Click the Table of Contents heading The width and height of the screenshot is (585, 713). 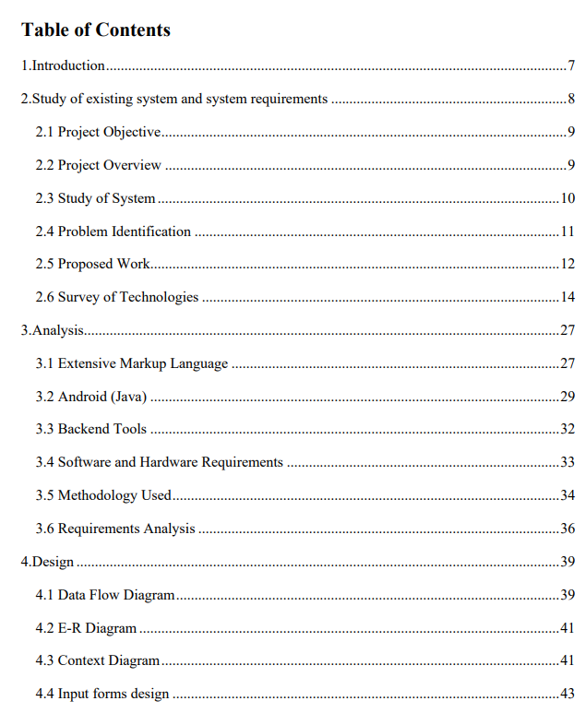click(95, 30)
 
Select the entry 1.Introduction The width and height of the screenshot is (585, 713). click(63, 66)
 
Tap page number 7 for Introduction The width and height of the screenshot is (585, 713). click(572, 66)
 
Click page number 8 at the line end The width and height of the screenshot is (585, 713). click(572, 100)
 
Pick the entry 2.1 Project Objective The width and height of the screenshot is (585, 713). click(99, 133)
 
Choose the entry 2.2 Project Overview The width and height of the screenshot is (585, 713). click(99, 166)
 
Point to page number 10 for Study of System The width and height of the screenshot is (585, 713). click(568, 199)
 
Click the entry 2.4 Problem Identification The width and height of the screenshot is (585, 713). click(113, 232)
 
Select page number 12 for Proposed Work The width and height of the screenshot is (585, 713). click(568, 265)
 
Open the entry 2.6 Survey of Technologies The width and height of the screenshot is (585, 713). click(117, 297)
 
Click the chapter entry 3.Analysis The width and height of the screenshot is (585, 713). click(53, 330)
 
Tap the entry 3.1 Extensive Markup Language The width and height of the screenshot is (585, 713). click(132, 363)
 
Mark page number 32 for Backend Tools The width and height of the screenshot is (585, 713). click(568, 430)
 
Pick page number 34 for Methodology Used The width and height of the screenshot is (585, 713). click(568, 495)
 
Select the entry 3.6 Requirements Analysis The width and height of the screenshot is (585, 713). click(115, 529)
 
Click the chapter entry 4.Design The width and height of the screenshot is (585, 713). click(48, 562)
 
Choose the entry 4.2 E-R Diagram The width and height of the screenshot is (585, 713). click(86, 628)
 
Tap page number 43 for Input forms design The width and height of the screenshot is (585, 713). click(568, 694)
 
